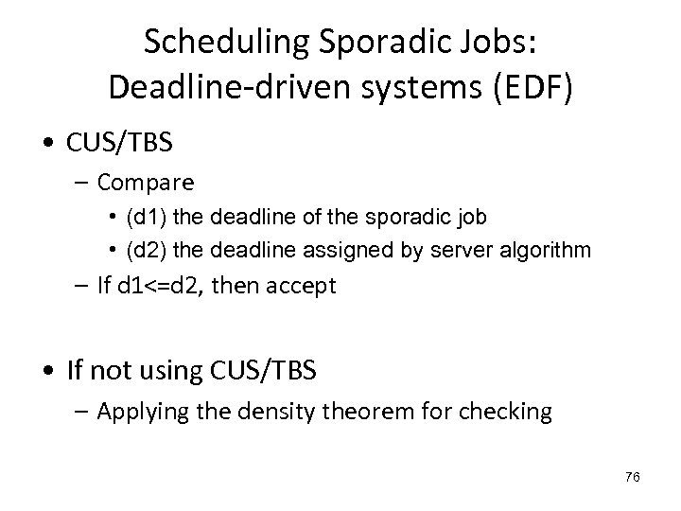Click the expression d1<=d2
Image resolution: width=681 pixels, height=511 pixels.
(174, 286)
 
